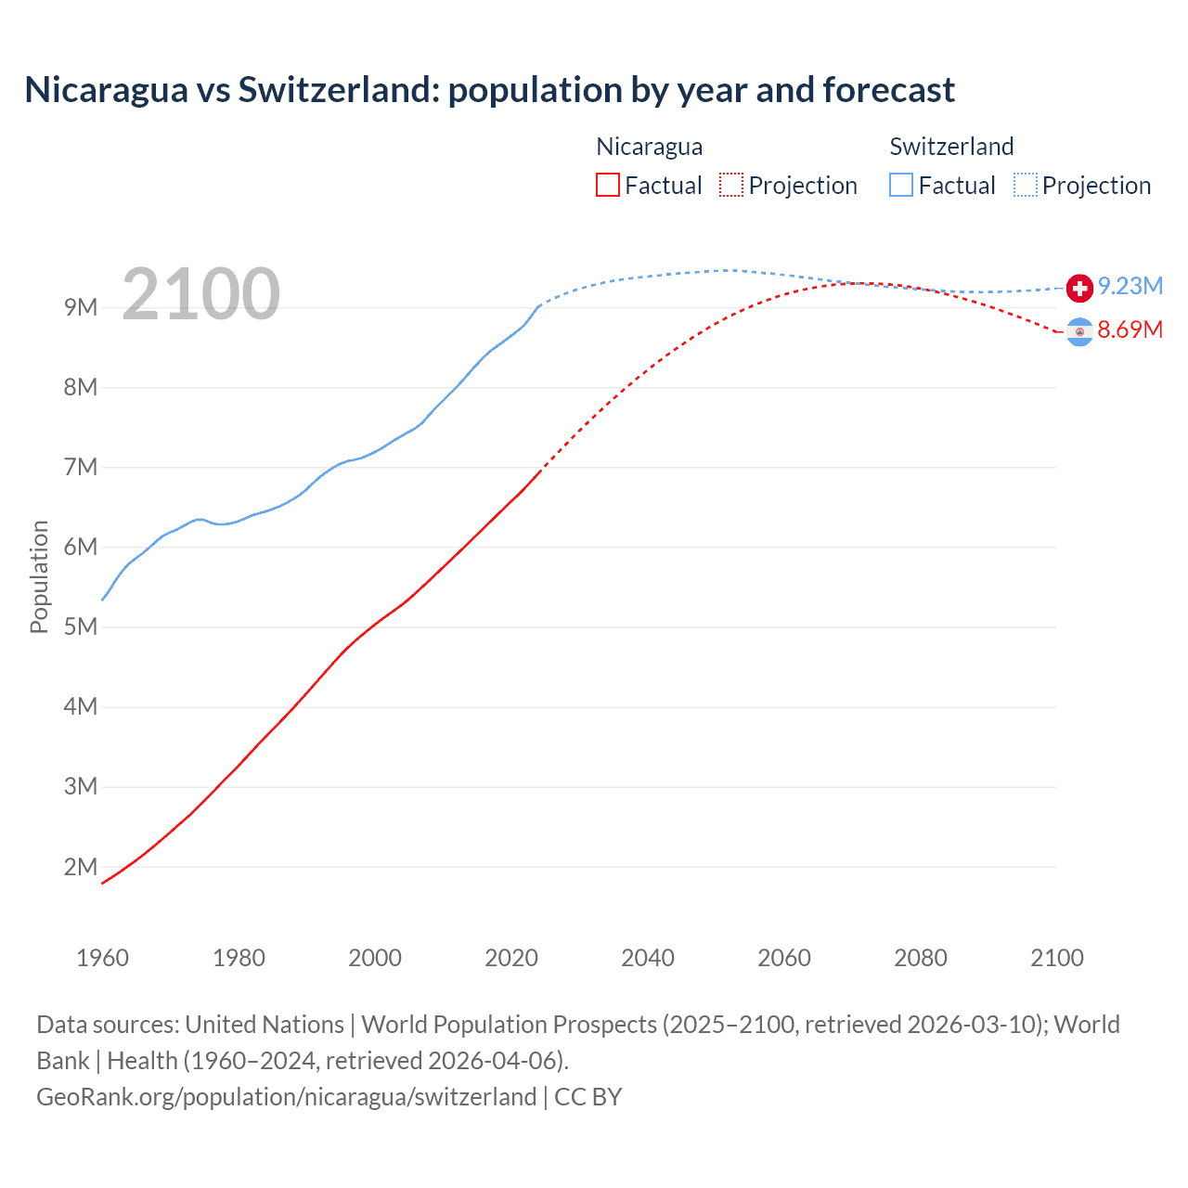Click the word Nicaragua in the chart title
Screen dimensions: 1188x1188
pyautogui.click(x=106, y=90)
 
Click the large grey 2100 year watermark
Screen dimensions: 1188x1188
pyautogui.click(x=200, y=294)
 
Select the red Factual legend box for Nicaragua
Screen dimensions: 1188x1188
pyautogui.click(x=607, y=185)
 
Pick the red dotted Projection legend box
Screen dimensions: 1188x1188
pyautogui.click(x=731, y=185)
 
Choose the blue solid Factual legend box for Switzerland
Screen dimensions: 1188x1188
pyautogui.click(x=901, y=185)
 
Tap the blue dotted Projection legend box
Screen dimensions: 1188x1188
pyautogui.click(x=1026, y=185)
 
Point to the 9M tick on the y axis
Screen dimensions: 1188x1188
pyautogui.click(x=81, y=307)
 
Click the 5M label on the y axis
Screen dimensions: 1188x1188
pyautogui.click(x=81, y=626)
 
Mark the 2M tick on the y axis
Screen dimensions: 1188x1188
pyautogui.click(x=81, y=867)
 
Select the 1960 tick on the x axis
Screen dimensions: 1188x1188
pyautogui.click(x=102, y=958)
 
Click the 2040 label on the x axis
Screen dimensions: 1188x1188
pyautogui.click(x=648, y=958)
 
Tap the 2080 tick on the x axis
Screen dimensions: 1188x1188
pyautogui.click(x=921, y=958)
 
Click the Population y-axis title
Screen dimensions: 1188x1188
pyautogui.click(x=39, y=576)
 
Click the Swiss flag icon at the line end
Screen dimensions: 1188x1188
pyautogui.click(x=1078, y=288)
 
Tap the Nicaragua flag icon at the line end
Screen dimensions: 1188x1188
pyautogui.click(x=1078, y=331)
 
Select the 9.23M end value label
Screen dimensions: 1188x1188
pyautogui.click(x=1130, y=286)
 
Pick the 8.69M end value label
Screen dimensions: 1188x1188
pyautogui.click(x=1130, y=329)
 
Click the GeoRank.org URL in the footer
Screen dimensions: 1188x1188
pyautogui.click(x=286, y=1096)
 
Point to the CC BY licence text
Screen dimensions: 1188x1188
pyautogui.click(x=588, y=1096)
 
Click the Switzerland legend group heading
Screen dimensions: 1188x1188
pyautogui.click(x=951, y=147)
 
